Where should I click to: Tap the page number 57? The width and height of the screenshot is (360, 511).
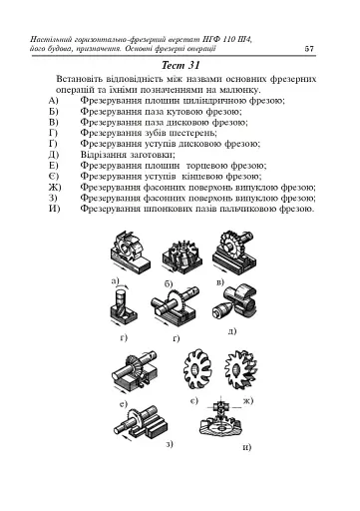point(310,49)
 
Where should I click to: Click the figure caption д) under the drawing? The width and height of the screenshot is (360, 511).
point(231,330)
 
